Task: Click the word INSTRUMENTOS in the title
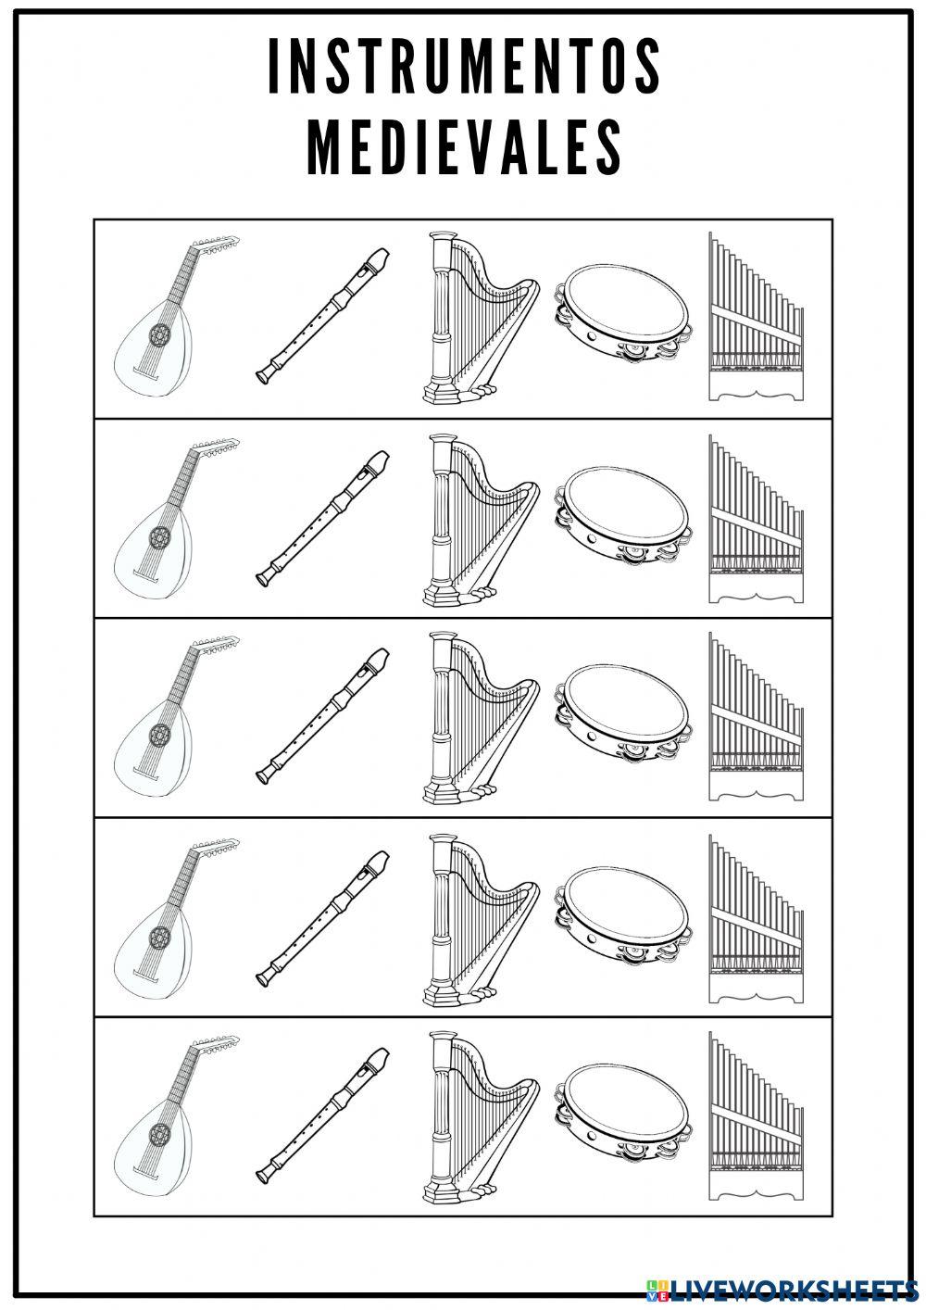[464, 69]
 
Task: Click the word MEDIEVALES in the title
[464, 146]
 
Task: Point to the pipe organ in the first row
[755, 318]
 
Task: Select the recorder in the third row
[321, 715]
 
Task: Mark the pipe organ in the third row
[755, 716]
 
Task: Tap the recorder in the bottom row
[321, 1115]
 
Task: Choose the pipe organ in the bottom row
[755, 1116]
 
